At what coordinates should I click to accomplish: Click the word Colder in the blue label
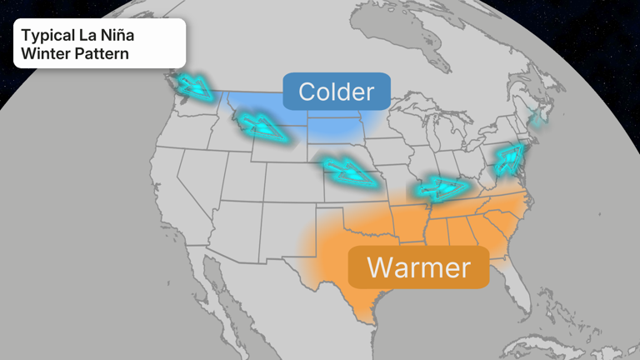[337, 92]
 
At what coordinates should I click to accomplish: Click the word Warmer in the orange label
[418, 267]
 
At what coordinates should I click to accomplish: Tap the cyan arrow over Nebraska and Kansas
[347, 172]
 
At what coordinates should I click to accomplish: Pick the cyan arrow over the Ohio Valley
[441, 187]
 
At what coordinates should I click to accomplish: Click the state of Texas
[350, 267]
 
